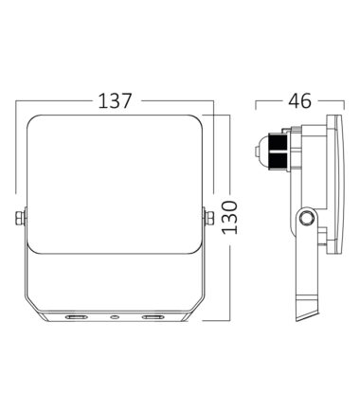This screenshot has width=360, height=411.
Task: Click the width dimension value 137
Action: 115,100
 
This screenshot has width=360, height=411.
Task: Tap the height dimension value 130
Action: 229,217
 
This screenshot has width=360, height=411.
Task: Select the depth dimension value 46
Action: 299,100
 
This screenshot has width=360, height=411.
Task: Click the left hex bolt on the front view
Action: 20,218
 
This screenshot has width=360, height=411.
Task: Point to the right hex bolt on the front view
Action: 209,218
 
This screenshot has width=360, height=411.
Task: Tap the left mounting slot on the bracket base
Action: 76,316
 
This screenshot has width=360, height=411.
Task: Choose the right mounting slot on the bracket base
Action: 153,316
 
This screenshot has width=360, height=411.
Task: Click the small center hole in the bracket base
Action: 115,316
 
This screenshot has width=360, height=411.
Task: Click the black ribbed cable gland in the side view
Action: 278,152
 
